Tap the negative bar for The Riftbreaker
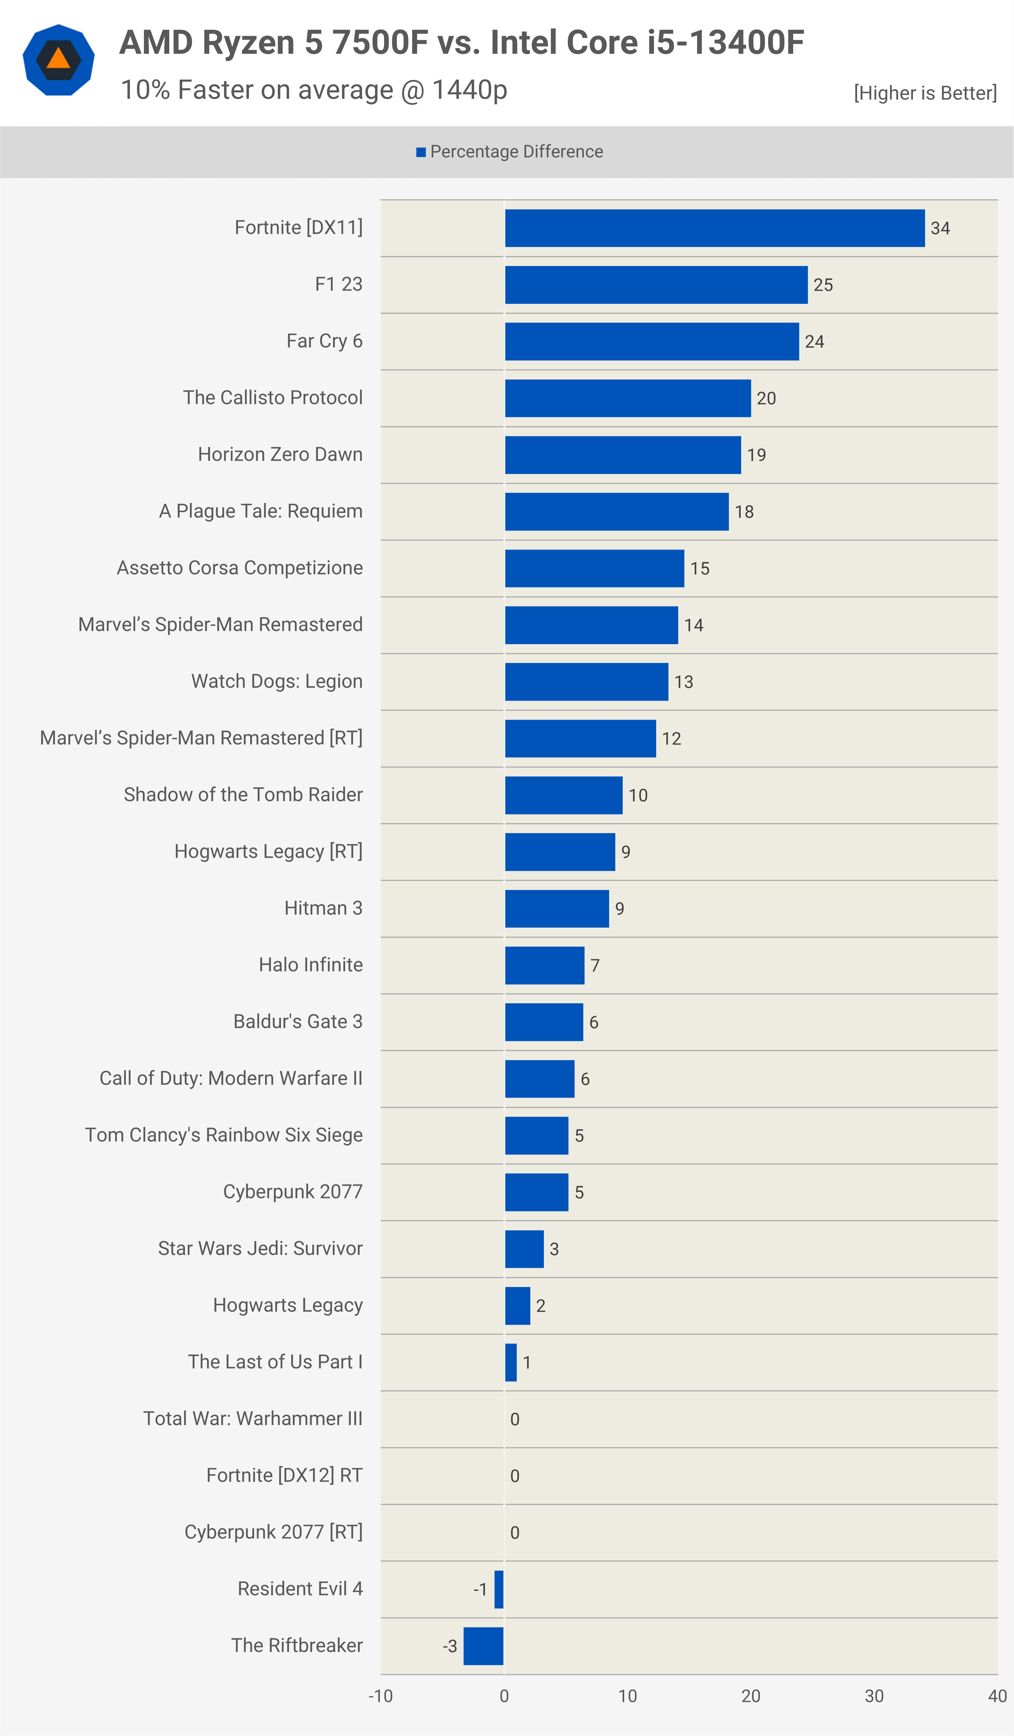coord(483,1646)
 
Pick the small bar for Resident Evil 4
coord(499,1589)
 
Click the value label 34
coord(940,228)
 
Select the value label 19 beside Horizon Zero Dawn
coord(756,455)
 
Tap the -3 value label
coord(450,1646)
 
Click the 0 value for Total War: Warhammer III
coord(515,1419)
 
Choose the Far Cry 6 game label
coord(324,341)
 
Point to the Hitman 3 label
coord(323,908)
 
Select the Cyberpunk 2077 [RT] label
coord(274,1532)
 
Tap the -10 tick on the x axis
coord(380,1696)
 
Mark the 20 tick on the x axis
coord(751,1696)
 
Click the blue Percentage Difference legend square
coord(421,152)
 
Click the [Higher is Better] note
coord(925,93)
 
